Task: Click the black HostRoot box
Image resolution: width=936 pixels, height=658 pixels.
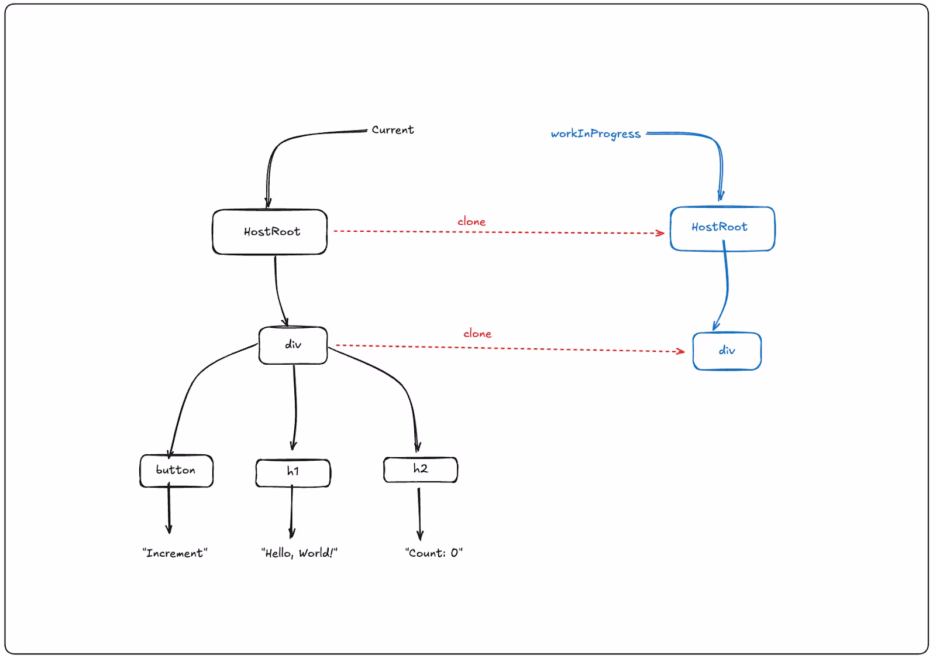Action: point(270,232)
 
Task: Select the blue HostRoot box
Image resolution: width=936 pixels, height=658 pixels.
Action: point(722,229)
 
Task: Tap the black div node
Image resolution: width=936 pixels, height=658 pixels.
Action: point(293,345)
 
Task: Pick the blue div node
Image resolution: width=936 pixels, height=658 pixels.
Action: point(727,351)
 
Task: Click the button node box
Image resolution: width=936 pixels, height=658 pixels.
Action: point(176,471)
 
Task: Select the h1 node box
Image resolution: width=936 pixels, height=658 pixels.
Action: point(293,473)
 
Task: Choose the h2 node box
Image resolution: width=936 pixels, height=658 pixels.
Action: point(421,469)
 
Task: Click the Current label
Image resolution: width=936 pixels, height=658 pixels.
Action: point(393,130)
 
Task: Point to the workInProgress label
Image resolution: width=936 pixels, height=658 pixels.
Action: point(596,134)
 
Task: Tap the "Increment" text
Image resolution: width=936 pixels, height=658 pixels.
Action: point(175,553)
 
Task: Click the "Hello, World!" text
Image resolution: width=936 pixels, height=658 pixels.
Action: point(299,553)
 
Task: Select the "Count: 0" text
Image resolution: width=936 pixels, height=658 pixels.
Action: point(433,553)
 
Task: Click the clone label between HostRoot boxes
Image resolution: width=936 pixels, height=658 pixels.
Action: point(472,221)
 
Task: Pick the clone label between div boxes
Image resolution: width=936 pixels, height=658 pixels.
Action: point(477,334)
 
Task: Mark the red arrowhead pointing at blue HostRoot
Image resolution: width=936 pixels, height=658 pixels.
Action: point(660,233)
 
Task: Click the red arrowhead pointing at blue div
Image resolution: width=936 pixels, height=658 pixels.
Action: point(681,351)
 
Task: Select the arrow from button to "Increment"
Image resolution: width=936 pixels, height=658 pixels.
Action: point(169,508)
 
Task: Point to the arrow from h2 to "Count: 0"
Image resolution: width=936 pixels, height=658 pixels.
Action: point(419,514)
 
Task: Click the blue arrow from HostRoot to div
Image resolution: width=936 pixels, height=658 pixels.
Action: point(727,286)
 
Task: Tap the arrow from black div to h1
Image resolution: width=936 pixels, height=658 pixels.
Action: point(295,407)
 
